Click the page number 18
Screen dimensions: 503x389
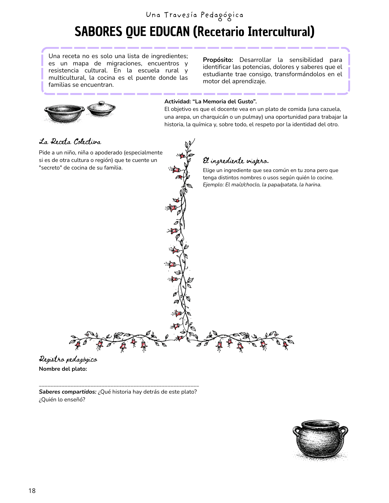tap(32, 491)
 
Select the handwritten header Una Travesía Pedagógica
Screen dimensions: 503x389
tap(194, 15)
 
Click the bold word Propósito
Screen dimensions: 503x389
tap(218, 60)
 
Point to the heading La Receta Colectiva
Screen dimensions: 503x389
tap(70, 142)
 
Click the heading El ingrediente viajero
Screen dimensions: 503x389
tap(236, 161)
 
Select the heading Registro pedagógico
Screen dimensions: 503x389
tap(68, 359)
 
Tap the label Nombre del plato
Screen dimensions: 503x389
tap(63, 369)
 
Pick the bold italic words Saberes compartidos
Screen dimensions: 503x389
tap(68, 392)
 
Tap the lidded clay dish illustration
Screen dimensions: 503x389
tap(101, 109)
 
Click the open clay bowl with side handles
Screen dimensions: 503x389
tap(64, 113)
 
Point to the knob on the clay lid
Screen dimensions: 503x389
tap(102, 103)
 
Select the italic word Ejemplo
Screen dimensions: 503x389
tap(213, 185)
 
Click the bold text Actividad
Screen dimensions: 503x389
tap(177, 102)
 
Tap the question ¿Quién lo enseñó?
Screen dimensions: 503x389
tap(62, 400)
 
